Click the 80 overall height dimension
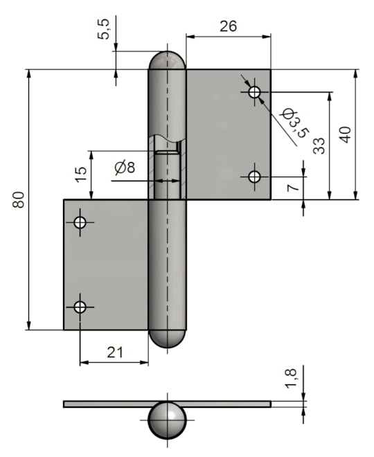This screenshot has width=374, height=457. coord(19,199)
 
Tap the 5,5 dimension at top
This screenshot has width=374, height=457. coord(103,29)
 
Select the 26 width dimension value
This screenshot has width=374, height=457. coord(229,26)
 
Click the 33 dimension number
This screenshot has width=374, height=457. coord(319,145)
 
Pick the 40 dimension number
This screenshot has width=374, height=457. coord(346,134)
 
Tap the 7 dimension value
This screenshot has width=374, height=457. coord(293,186)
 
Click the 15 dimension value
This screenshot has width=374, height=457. coord(81,174)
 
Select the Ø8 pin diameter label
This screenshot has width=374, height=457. coord(125,168)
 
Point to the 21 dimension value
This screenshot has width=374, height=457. coord(115,352)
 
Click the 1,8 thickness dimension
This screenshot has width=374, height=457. coord(291,378)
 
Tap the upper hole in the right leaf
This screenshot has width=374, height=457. coord(254,92)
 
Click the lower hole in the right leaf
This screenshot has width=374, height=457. coord(254,177)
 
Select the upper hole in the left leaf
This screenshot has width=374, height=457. coord(80,222)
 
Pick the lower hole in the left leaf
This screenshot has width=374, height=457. coord(80,307)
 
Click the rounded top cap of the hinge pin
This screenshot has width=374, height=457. coord(167,61)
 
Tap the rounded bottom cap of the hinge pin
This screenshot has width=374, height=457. coord(167,339)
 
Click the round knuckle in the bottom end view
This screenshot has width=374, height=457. coord(167,420)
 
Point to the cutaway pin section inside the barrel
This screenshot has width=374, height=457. coord(167,175)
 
